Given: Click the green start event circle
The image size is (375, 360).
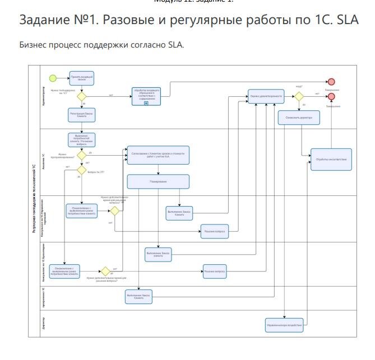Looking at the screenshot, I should pos(53,77).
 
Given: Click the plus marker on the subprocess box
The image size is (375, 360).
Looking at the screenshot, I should pos(146,104).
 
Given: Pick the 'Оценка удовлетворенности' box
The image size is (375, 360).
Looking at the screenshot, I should pos(266,96).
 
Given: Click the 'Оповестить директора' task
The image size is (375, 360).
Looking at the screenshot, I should pos(299,118).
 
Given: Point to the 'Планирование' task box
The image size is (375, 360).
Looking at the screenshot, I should pos(158,181).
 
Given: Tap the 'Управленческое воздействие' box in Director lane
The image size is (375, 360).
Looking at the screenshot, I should pos(284,325).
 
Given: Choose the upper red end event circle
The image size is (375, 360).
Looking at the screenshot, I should pos(331,81).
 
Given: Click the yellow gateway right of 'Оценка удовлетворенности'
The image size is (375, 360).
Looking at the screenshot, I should pos(299,96).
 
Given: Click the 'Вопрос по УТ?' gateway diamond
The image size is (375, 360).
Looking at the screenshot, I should pos(82,170).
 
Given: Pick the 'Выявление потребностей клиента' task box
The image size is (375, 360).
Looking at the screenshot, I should pos(82,139).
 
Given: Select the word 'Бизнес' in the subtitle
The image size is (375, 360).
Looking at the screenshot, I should pos(32,44).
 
